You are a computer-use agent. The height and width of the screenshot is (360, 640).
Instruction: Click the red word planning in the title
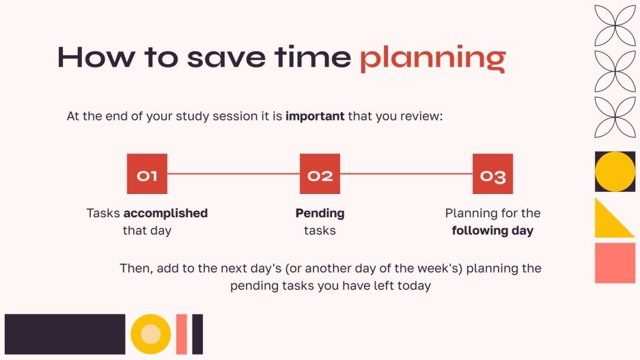432,58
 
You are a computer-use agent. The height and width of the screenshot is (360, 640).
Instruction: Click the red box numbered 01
147,174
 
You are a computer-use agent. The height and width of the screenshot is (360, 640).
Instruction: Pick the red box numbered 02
320,174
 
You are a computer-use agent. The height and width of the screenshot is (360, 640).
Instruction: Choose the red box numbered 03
492,174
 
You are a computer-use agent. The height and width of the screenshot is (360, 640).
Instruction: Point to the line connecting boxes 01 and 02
233,174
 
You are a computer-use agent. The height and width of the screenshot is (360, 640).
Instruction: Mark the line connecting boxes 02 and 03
406,174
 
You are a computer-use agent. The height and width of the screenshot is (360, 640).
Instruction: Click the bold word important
315,116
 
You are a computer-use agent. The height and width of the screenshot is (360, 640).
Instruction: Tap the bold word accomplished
165,213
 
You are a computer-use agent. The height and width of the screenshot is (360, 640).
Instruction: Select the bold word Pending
320,213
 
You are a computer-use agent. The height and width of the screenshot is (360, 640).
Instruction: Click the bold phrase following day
492,231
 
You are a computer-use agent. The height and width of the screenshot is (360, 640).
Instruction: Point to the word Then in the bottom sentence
135,268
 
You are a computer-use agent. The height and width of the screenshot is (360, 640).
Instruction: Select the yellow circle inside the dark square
615,171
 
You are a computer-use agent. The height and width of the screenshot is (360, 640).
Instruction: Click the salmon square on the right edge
615,263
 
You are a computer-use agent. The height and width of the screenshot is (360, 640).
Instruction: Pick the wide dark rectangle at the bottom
65,334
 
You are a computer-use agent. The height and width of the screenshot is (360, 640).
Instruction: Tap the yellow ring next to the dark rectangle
150,334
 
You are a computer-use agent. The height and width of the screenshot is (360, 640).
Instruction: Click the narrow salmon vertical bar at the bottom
181,334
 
